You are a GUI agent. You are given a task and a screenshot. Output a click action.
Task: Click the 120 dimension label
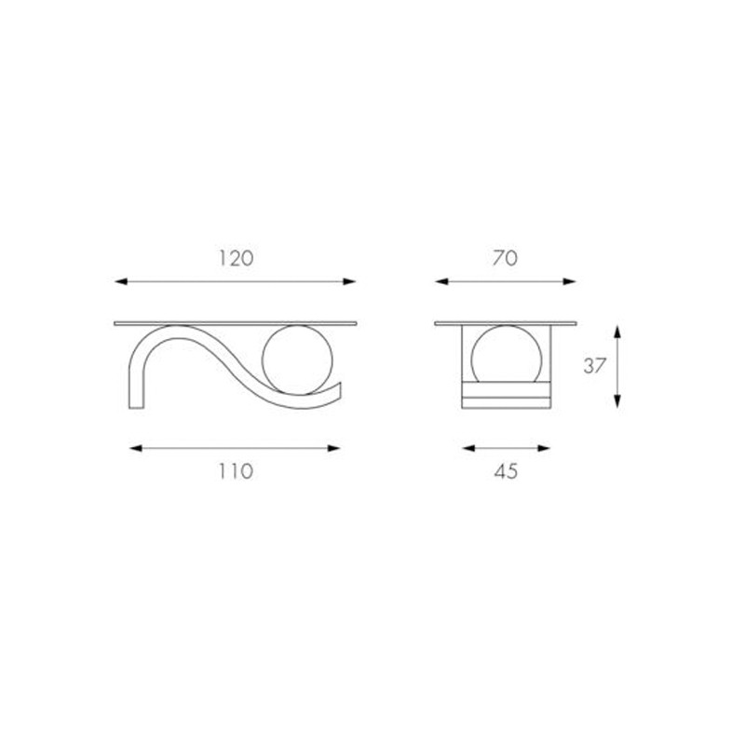tap(236, 259)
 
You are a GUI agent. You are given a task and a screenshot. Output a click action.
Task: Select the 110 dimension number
tap(236, 471)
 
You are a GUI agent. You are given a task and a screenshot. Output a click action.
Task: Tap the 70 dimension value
tap(505, 259)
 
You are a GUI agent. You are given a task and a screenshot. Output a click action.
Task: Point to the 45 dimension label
tap(506, 471)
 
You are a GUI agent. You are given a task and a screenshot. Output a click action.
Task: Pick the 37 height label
tap(595, 366)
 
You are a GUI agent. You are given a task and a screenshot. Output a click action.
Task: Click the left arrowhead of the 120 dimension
tap(121, 282)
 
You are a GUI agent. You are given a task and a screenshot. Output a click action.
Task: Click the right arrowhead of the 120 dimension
tap(349, 282)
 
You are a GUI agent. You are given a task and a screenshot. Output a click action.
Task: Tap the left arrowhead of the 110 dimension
tap(136, 448)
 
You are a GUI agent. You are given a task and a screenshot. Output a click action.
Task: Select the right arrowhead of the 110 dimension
tap(333, 448)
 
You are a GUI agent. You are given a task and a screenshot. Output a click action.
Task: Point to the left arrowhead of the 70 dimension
tap(441, 282)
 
